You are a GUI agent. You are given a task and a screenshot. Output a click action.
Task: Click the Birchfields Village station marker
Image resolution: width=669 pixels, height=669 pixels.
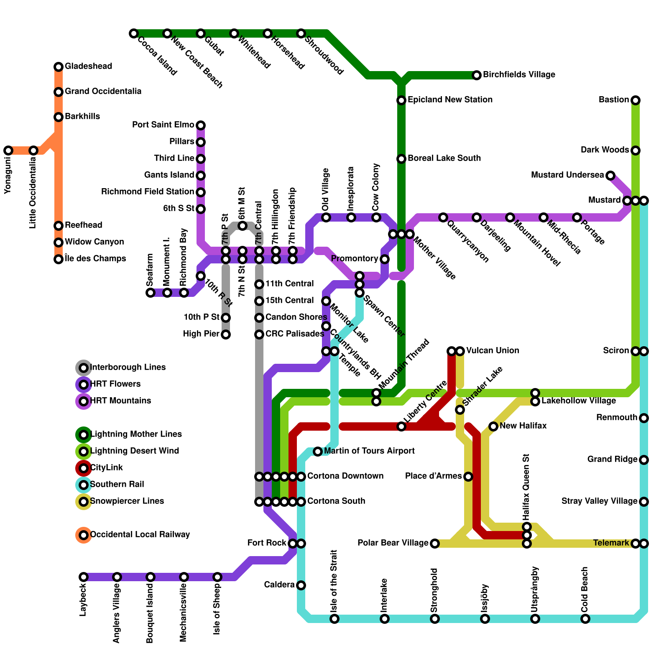(477, 75)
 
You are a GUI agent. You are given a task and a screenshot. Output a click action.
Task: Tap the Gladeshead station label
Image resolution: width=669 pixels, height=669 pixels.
(88, 66)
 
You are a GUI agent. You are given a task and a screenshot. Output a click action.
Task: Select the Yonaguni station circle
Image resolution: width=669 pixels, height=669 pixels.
(8, 151)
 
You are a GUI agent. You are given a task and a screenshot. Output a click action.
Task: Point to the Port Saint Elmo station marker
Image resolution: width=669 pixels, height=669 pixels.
(201, 125)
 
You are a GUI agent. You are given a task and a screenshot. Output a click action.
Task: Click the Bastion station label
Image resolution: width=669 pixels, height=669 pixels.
(613, 100)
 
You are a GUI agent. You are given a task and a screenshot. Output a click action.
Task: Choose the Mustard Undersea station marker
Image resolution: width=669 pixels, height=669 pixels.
(610, 176)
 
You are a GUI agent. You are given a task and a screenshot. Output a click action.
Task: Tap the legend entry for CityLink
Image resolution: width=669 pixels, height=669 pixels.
(106, 468)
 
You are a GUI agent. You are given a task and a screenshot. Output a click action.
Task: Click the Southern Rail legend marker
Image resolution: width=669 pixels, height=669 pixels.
(84, 485)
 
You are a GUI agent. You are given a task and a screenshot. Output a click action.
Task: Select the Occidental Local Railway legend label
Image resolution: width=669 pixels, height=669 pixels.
(140, 535)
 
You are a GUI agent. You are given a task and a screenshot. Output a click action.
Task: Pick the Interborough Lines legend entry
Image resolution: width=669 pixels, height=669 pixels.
(128, 368)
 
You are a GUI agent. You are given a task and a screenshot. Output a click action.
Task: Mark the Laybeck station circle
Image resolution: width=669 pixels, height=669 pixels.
(84, 577)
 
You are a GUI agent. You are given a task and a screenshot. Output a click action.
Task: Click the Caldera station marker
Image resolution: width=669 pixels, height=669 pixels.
(301, 585)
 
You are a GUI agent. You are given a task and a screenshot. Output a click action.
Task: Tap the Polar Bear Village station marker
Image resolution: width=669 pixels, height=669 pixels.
(435, 544)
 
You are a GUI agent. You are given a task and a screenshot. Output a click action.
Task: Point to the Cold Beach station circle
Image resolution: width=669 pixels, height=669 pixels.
(585, 619)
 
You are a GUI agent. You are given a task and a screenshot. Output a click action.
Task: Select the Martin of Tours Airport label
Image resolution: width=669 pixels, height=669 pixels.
(369, 451)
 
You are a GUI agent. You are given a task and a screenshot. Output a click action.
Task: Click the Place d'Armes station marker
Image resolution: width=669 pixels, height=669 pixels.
(468, 477)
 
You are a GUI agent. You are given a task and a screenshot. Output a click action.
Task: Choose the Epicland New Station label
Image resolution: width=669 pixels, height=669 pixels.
(450, 100)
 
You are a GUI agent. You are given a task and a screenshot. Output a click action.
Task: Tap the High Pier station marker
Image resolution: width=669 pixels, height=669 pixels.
(226, 334)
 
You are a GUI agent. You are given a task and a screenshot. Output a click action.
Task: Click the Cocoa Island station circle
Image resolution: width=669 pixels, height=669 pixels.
(134, 33)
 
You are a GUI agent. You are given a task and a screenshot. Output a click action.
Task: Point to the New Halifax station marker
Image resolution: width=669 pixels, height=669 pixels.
(493, 426)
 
